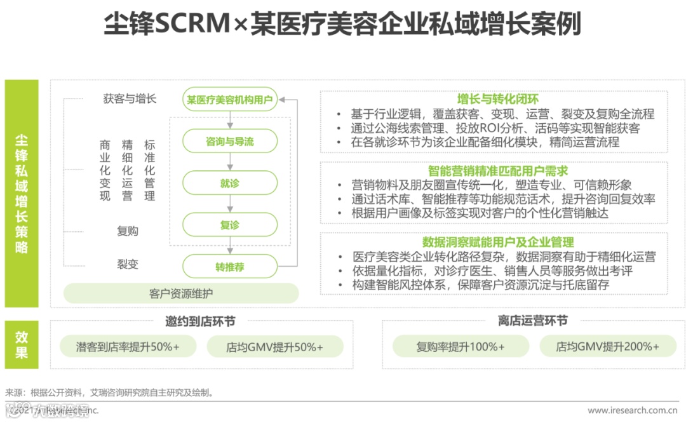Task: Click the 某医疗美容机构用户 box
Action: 229,99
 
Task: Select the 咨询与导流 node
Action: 229,142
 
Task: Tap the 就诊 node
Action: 229,184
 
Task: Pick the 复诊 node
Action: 229,225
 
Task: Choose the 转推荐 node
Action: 229,267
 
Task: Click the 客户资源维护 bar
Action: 181,293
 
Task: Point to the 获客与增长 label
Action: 130,99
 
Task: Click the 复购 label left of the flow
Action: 128,231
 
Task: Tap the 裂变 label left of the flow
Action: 128,264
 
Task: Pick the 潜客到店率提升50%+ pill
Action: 128,347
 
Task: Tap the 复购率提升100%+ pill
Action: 461,347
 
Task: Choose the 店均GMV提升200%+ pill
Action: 607,347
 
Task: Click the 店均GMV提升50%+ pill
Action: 274,347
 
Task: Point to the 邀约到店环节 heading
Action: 200,321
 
